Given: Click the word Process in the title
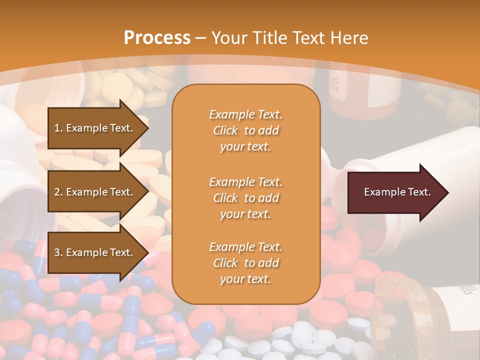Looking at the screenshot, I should click(157, 38).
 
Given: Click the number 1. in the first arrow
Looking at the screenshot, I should click(58, 128).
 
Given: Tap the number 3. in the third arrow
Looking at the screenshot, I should click(58, 252).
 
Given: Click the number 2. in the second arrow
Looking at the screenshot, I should click(58, 192).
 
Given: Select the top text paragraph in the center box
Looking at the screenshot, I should click(245, 130).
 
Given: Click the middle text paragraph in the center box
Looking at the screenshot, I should click(245, 198).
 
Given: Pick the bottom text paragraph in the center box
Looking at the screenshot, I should click(245, 263).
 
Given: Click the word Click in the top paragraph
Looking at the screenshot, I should click(225, 130).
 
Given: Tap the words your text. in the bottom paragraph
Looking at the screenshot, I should click(245, 279).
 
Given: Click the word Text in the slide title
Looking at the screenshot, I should click(303, 38).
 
